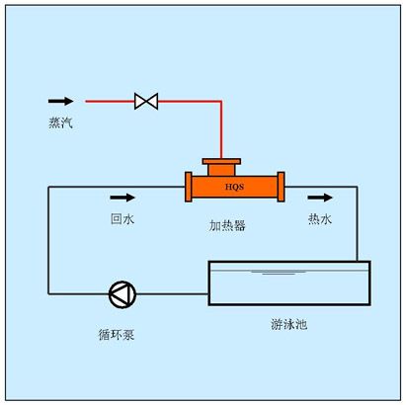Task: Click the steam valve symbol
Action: point(147,101)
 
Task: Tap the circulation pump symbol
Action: point(122,293)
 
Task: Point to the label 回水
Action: point(122,219)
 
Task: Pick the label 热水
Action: point(319,219)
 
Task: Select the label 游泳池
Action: point(289,323)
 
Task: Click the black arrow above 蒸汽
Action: point(61,101)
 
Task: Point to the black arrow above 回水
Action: point(122,197)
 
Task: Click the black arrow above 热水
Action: point(320,197)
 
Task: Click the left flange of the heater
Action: point(188,186)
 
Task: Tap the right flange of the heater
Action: point(282,186)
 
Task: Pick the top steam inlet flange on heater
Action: point(220,161)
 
